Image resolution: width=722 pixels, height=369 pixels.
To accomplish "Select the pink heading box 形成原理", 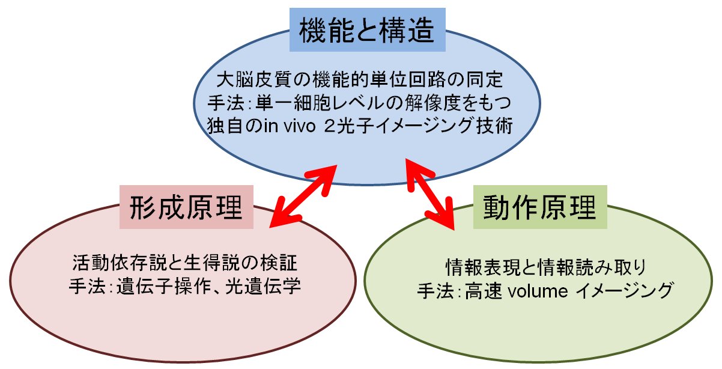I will (x=186, y=208).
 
